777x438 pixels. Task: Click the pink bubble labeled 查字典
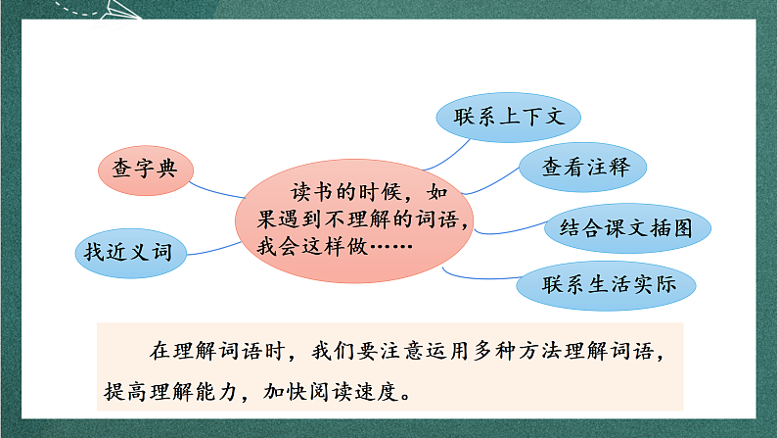coord(144,169)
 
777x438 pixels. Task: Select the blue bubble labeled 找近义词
coord(127,253)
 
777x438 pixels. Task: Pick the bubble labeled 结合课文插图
coord(626,229)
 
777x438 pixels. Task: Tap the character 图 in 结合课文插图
coord(682,229)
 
